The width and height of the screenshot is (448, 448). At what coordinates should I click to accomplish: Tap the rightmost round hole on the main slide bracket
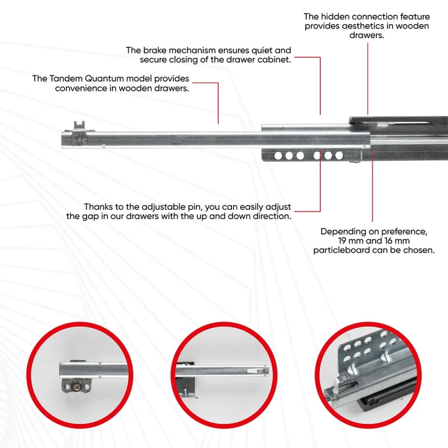click(339, 155)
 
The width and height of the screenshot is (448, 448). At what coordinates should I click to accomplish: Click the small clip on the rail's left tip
click(79, 127)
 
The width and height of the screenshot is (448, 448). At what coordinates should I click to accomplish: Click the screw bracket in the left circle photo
click(77, 386)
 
